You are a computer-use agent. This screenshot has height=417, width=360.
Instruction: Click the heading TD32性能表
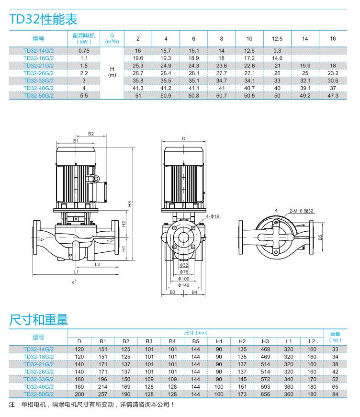coord(43,20)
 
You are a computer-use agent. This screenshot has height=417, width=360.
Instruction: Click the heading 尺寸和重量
coord(39,319)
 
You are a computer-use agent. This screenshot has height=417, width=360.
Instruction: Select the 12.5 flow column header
coord(277,39)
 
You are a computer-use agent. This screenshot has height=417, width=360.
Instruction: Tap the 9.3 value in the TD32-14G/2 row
coord(277,50)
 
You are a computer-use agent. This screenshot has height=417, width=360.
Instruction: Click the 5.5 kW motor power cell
coord(84,96)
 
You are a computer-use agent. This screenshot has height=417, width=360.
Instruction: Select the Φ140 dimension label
coord(184,285)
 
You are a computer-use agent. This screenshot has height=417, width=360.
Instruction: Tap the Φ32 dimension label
coord(184,265)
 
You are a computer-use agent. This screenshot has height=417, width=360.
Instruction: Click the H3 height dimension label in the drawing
coord(129,203)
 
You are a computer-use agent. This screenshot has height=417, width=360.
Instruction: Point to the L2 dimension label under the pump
coord(97,264)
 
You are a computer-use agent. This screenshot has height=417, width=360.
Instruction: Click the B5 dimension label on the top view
coord(320,237)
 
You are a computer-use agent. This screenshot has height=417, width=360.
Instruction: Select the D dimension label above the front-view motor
coord(184,138)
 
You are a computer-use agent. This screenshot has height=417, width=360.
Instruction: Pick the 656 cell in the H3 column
coord(265,394)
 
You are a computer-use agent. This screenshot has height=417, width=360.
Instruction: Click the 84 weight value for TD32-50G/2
coord(335,394)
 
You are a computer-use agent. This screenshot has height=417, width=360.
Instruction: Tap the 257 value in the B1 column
coord(102,394)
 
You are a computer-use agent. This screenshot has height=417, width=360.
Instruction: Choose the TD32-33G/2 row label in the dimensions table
coord(38,379)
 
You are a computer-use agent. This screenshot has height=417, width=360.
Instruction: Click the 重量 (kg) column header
coord(335,337)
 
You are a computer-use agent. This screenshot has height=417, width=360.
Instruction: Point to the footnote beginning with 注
coord(91,405)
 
